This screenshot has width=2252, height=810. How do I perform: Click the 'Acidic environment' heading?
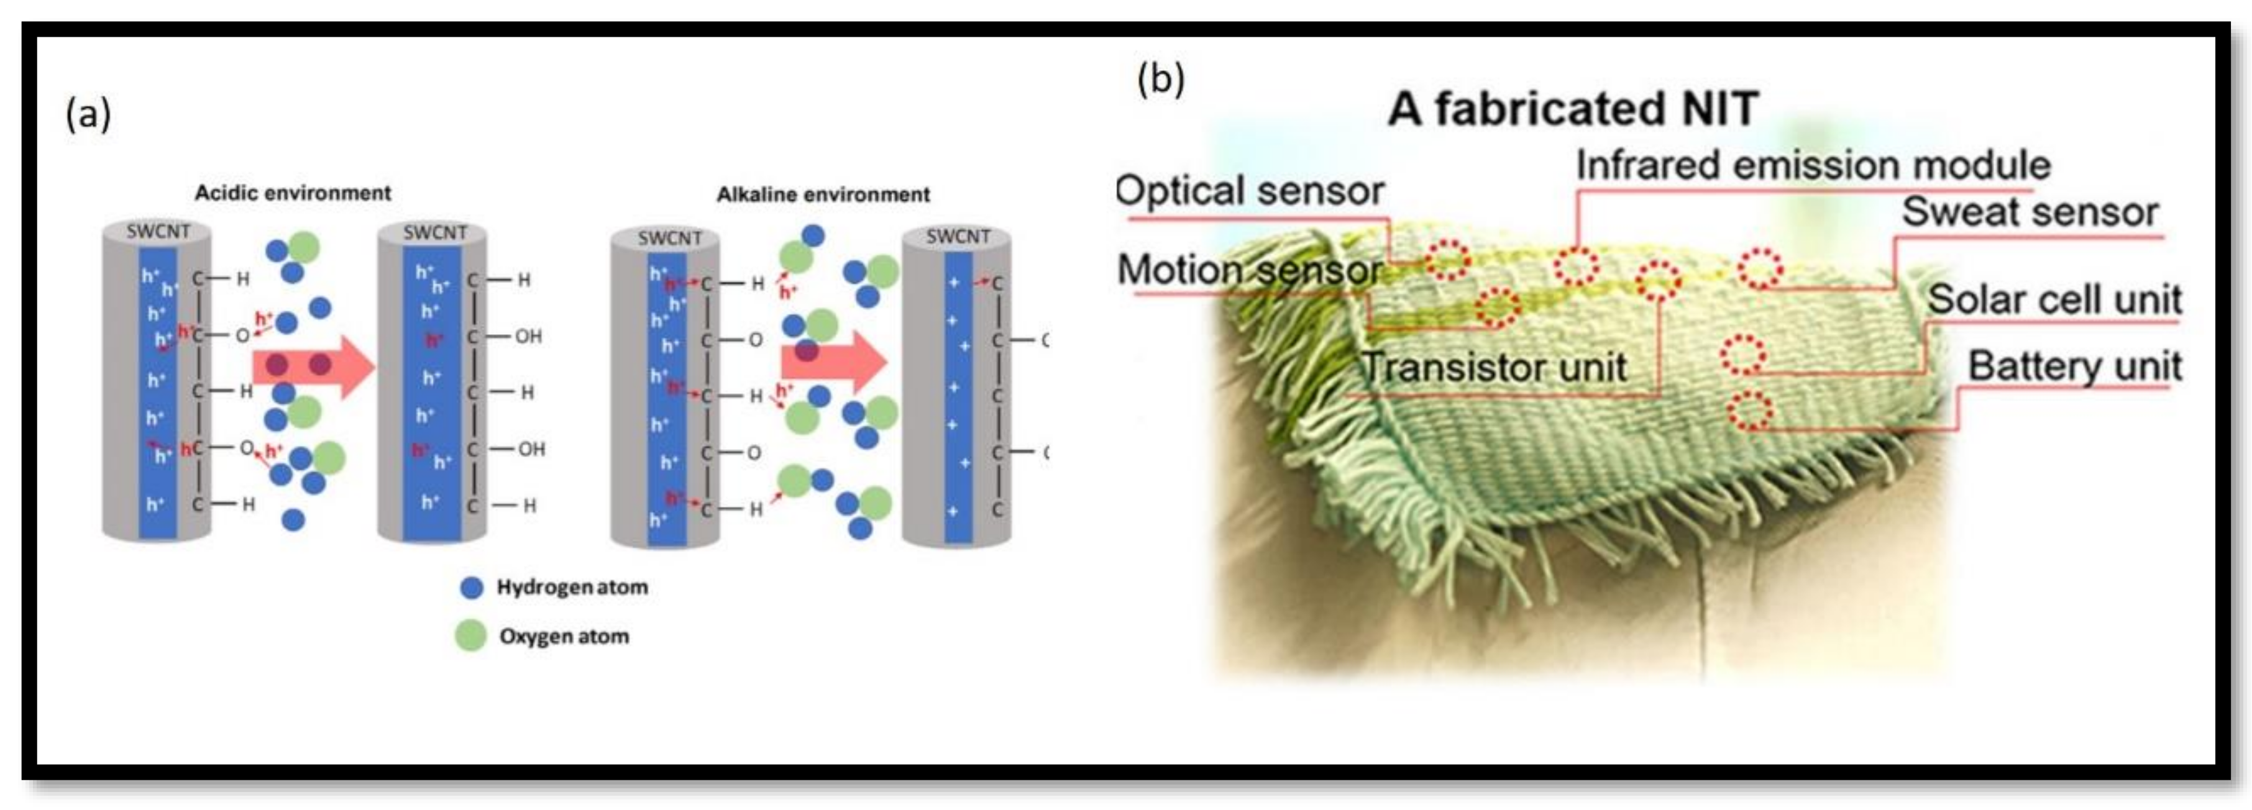click(292, 193)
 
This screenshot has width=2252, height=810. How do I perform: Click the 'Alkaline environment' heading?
click(823, 195)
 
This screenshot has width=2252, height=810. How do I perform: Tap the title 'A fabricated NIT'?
click(1573, 109)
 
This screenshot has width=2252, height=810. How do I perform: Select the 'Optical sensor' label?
click(1250, 191)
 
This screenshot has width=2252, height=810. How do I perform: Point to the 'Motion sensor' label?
click(1250, 269)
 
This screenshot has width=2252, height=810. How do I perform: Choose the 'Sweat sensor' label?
click(2030, 212)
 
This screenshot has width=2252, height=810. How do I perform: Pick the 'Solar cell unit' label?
click(2054, 299)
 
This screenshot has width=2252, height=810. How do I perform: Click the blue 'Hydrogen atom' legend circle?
click(471, 587)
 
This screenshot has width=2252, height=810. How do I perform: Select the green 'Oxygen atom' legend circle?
click(471, 636)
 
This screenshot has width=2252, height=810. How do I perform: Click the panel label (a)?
click(88, 114)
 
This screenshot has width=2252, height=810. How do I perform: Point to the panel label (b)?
click(1160, 80)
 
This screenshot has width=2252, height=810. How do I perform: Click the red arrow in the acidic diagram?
click(313, 365)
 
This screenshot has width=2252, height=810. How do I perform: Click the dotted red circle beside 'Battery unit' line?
click(1749, 411)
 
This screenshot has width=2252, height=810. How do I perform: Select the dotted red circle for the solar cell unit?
click(1743, 355)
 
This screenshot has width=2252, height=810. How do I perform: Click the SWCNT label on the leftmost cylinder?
click(157, 232)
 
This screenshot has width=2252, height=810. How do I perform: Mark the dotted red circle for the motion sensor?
click(1498, 307)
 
